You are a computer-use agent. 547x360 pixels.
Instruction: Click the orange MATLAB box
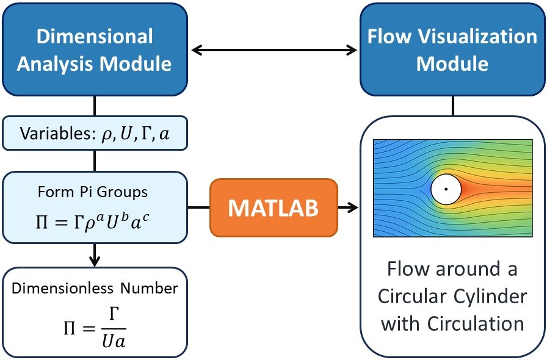click(x=273, y=207)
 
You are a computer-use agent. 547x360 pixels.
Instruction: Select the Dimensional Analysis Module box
click(x=94, y=49)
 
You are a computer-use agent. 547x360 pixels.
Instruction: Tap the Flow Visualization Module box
click(x=452, y=49)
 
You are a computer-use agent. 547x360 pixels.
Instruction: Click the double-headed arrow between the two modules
click(x=273, y=49)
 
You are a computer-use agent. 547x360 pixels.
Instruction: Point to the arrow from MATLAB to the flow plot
click(x=348, y=208)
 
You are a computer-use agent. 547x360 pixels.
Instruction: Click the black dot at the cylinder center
click(x=446, y=189)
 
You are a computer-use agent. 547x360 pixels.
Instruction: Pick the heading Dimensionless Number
click(x=94, y=287)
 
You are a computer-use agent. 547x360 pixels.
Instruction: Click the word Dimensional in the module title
click(x=94, y=37)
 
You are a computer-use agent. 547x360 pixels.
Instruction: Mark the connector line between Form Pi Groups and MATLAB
click(x=198, y=208)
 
